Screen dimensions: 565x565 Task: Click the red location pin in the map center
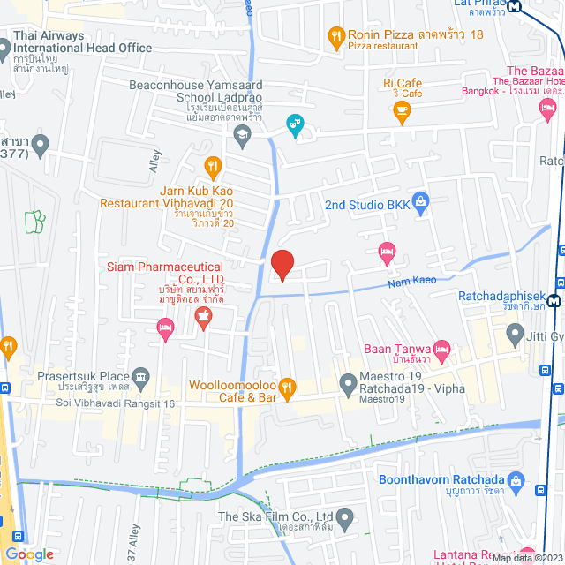tap(282, 265)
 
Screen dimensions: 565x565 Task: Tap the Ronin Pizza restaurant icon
tap(335, 38)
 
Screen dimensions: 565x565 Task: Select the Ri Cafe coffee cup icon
tap(402, 110)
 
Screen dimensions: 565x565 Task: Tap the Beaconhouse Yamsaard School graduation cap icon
tap(240, 133)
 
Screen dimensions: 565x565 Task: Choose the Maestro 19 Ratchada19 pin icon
tap(347, 382)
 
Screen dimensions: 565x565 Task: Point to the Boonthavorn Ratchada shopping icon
tap(539, 488)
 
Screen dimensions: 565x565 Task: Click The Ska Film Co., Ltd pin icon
tap(346, 516)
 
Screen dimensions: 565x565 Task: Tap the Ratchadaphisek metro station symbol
tap(554, 299)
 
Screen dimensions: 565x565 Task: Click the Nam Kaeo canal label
tap(414, 281)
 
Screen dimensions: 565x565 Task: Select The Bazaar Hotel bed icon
tap(546, 107)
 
